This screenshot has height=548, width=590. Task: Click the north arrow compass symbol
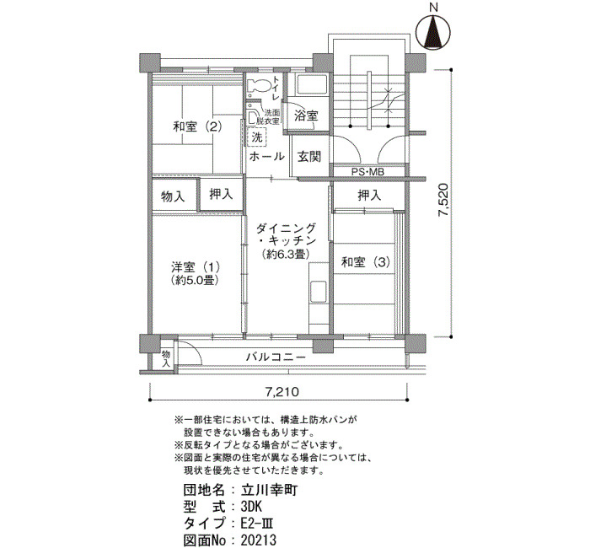[x=433, y=32]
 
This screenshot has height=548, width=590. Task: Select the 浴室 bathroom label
[x=306, y=116]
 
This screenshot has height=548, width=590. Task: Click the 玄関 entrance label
[x=309, y=156]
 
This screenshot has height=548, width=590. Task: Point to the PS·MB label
[x=367, y=172]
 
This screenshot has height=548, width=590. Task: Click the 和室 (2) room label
[x=197, y=126]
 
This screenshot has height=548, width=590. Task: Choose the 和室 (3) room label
[x=365, y=262]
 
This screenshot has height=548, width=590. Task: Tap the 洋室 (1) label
[x=195, y=267]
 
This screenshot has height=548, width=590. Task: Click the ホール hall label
[x=266, y=156]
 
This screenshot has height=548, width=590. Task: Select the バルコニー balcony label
[x=276, y=357]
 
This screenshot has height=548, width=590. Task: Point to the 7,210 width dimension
[x=282, y=392]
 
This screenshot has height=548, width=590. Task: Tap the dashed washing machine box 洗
[x=257, y=137]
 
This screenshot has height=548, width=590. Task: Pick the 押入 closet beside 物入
[x=221, y=194]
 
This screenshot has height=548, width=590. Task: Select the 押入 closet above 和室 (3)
[x=369, y=195]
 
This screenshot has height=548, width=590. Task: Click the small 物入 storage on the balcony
[x=166, y=358]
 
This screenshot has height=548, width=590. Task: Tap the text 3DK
[x=251, y=506]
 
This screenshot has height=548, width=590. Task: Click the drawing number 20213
[x=259, y=540]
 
